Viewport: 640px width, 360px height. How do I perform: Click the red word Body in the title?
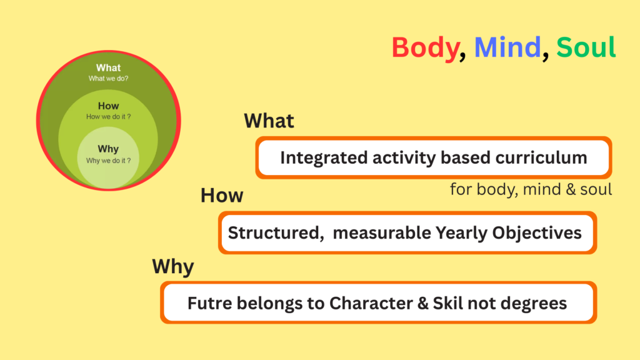coord(425,47)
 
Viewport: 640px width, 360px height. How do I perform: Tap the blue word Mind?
coord(507,47)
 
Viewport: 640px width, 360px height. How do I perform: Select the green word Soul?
coord(586,47)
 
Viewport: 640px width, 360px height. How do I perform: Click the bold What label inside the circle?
coord(108,67)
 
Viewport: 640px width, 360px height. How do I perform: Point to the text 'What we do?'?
coord(108,78)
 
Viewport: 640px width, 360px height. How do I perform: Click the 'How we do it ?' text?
coord(108,117)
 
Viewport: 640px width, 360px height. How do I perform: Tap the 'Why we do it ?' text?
coord(108,161)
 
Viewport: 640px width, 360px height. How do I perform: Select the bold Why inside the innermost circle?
coord(108,149)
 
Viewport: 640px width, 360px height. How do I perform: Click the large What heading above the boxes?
coord(269,121)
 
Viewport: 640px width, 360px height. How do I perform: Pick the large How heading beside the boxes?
coord(222,196)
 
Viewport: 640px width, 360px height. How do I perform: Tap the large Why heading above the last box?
coord(173,267)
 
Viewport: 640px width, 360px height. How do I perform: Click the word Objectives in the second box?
coord(537,233)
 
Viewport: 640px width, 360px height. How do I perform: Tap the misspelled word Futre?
coord(210,303)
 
